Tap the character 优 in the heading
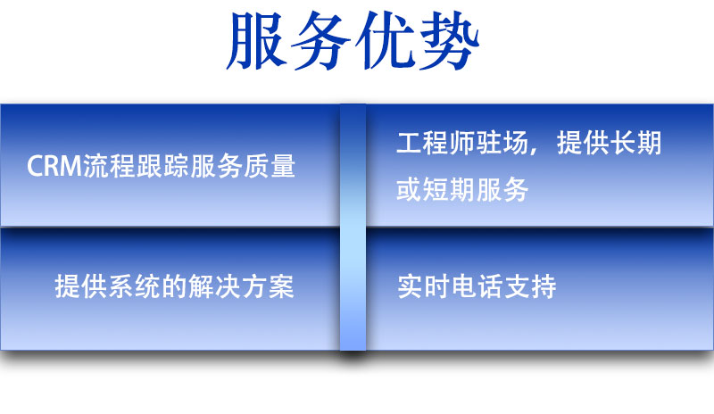386,40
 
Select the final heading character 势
449,40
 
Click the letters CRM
54,166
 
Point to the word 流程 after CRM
109,166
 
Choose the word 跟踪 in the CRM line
162,166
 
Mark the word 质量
270,166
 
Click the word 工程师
436,143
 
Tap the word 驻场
502,143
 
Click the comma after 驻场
534,150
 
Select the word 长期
635,143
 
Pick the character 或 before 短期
409,189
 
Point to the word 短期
450,189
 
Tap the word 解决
215,286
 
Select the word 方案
269,286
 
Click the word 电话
477,286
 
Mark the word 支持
530,286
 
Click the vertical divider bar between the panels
353,228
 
